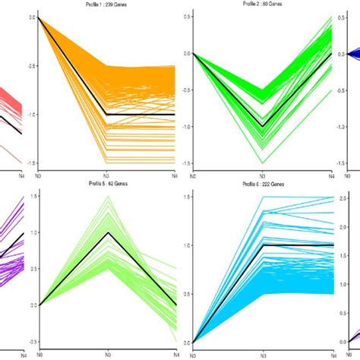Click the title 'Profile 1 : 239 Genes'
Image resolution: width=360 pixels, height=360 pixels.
point(106,5)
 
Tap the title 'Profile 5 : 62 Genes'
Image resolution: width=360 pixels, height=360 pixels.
point(106,185)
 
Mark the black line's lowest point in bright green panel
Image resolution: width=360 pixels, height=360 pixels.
point(263,127)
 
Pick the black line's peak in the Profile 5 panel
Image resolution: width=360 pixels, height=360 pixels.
point(107,232)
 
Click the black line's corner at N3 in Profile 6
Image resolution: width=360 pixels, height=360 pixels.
point(263,245)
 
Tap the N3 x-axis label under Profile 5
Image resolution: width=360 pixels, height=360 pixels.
point(107,355)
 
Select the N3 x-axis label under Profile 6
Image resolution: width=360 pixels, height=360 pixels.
point(263,355)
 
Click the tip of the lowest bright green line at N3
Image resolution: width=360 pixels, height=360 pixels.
point(263,163)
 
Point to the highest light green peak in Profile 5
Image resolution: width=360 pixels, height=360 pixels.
point(107,196)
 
